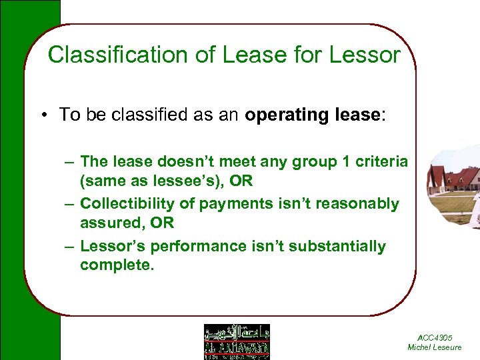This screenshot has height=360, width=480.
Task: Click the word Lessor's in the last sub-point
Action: click(112, 246)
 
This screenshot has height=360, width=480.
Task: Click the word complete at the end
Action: click(116, 265)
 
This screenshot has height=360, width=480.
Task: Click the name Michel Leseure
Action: click(434, 347)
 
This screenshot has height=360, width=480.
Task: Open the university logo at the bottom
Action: click(236, 341)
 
